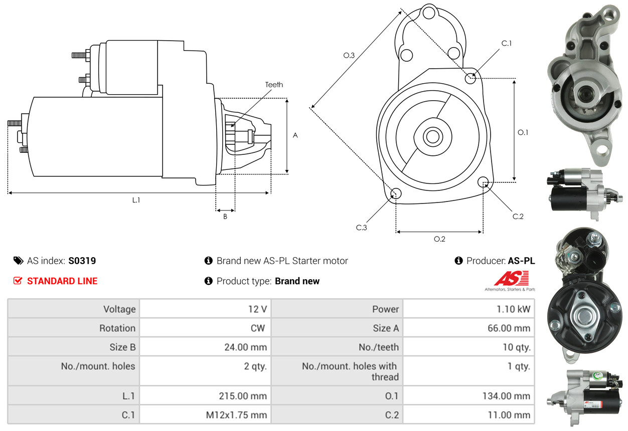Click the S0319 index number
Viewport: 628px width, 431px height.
click(82, 261)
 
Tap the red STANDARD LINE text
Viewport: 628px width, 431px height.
click(62, 281)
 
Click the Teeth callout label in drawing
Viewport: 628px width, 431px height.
click(274, 85)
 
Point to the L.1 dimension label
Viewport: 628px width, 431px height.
click(136, 200)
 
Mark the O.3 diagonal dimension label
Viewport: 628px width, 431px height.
click(349, 56)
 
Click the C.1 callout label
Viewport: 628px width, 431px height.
click(507, 43)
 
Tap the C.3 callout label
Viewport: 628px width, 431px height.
click(362, 228)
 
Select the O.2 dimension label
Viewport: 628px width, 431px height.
click(439, 239)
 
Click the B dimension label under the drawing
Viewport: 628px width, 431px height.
click(225, 217)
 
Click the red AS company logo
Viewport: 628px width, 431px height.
click(511, 279)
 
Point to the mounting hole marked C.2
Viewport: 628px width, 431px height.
click(483, 181)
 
